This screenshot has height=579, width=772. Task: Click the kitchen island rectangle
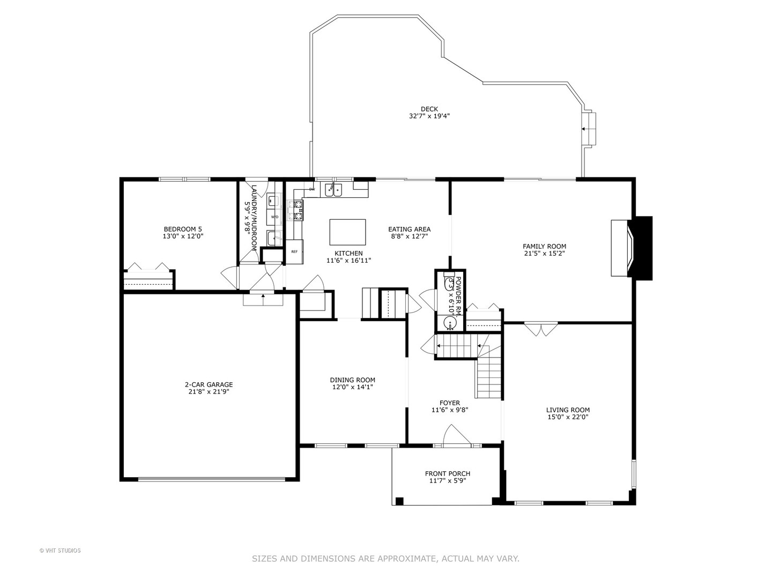(x=347, y=232)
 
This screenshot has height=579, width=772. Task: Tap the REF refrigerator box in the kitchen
(x=294, y=251)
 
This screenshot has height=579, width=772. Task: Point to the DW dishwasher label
(x=311, y=189)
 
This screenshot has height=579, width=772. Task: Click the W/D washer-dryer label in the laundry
(x=274, y=217)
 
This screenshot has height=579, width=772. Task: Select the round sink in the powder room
(x=450, y=322)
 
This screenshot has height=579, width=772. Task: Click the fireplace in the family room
(x=622, y=248)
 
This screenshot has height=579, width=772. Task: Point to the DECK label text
(x=429, y=109)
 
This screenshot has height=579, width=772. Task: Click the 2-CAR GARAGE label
(x=209, y=384)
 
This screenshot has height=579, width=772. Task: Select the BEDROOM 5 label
(x=183, y=229)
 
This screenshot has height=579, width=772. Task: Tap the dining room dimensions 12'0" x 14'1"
(x=352, y=387)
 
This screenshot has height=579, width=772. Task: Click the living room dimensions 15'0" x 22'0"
(x=568, y=417)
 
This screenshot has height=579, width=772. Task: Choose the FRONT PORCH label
(x=447, y=473)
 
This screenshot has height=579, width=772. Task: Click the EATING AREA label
(x=409, y=229)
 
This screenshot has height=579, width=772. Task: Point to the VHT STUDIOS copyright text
(x=60, y=550)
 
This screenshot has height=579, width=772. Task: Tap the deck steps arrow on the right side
(x=585, y=129)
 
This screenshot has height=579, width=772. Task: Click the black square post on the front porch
(x=399, y=501)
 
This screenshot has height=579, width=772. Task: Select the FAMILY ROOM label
(x=544, y=246)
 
